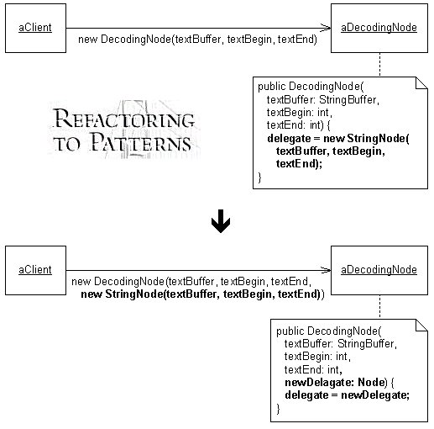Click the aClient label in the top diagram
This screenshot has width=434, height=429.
35,28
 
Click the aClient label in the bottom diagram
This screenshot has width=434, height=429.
35,270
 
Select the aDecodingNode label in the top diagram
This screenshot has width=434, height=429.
379,28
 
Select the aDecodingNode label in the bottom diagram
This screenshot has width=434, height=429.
379,270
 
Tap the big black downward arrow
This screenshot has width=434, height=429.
221,221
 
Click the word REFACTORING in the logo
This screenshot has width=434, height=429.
123,119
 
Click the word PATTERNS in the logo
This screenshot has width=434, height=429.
141,141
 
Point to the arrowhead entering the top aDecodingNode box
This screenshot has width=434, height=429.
326,28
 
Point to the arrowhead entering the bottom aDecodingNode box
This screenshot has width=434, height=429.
326,270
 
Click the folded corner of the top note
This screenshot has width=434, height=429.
422,83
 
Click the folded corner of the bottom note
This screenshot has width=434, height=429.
422,326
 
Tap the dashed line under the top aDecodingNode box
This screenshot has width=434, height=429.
379,65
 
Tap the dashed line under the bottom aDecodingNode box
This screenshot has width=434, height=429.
379,307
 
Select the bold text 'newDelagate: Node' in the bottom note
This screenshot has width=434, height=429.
335,382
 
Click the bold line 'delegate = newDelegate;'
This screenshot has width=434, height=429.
347,395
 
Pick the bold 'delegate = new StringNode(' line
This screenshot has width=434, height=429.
338,139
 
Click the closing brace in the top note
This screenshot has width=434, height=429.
259,177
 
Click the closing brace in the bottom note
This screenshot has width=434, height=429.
278,409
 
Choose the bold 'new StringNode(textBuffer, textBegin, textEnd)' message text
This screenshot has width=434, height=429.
201,294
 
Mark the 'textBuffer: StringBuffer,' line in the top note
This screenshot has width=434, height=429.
323,100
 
